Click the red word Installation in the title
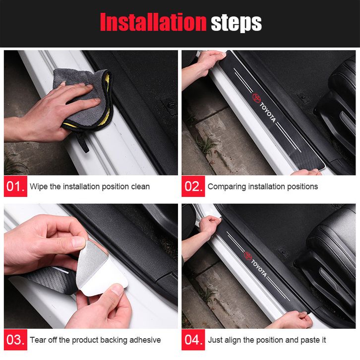coord(153,22)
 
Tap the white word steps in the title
coord(236,23)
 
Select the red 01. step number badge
coord(15,186)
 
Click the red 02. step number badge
coord(193,186)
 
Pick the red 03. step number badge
coord(15,340)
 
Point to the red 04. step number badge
coord(193,340)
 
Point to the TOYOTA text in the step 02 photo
coord(267,113)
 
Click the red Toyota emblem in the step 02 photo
coord(256,97)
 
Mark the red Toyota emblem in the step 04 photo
coord(248,255)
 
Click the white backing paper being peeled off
coord(103,278)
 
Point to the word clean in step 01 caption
coord(140,186)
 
